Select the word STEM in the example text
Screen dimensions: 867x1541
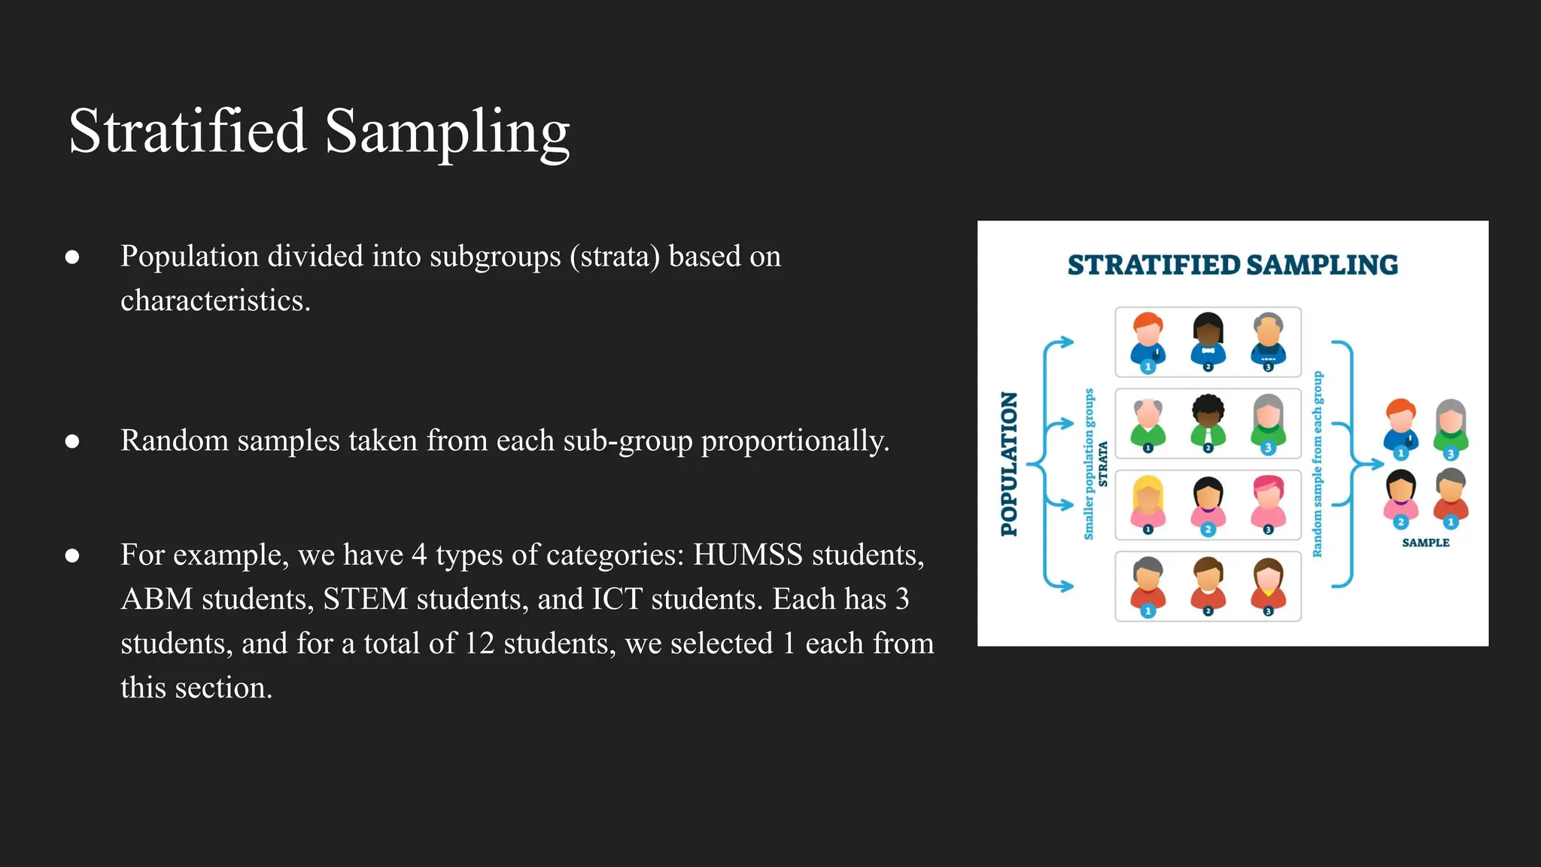click(365, 600)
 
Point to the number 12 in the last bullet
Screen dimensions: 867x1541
click(479, 644)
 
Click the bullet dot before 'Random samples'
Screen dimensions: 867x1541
click(72, 442)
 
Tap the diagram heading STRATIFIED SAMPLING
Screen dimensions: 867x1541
click(1232, 265)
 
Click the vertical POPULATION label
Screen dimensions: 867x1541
click(1009, 464)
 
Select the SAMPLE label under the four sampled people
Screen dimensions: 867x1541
click(1425, 543)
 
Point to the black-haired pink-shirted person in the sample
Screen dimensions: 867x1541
click(1400, 497)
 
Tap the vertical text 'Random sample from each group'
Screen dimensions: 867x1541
click(1317, 464)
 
